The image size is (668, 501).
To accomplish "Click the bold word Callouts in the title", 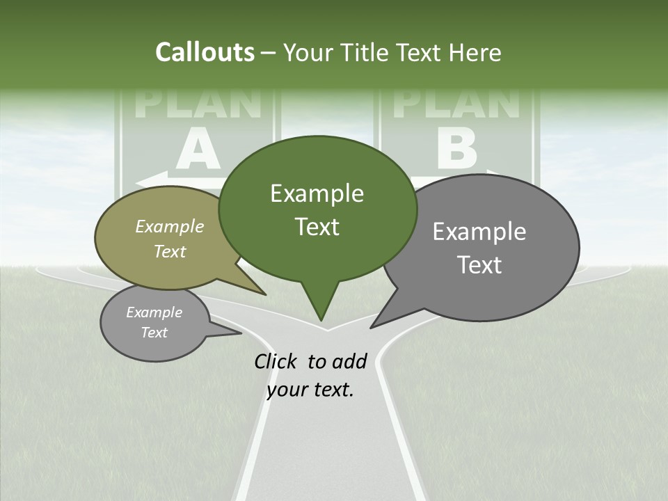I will click(205, 52).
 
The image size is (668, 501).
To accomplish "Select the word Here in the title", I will click(472, 53).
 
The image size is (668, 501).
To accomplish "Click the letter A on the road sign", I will click(198, 151).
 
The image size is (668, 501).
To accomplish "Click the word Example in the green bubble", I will click(317, 193).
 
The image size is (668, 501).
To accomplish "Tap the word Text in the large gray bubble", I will click(479, 265).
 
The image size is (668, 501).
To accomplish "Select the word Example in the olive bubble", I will click(169, 226).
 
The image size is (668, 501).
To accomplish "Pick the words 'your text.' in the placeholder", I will click(310, 390).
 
